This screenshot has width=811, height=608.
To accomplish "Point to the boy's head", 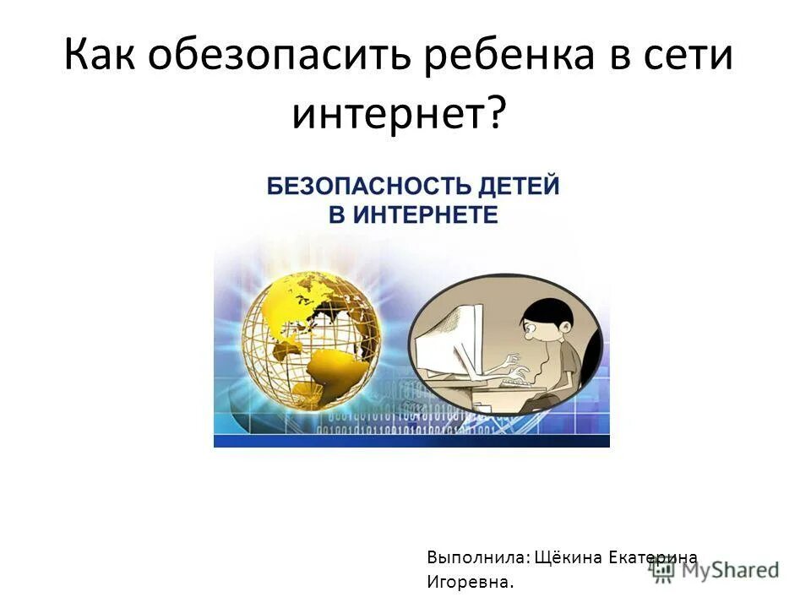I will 549,324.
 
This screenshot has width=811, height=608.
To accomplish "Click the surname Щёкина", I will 580,557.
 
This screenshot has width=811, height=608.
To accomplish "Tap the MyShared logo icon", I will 661,570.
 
